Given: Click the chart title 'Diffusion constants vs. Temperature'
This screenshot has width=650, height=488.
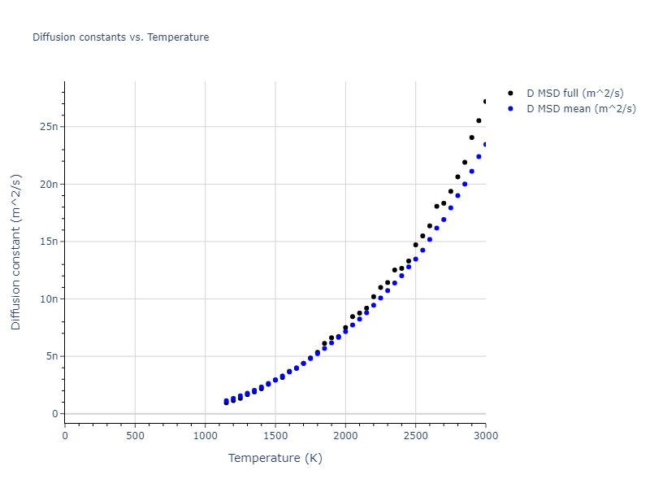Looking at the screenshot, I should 120,37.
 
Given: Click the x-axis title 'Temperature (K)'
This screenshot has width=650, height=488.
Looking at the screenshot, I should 275,458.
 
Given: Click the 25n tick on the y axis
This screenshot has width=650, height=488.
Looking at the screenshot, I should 50,127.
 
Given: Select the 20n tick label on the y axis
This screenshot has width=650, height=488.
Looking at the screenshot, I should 50,184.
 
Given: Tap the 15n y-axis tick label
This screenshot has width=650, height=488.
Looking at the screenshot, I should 50,242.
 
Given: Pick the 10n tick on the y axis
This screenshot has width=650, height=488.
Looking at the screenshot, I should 50,298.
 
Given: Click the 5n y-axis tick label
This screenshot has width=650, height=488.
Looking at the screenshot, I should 53,356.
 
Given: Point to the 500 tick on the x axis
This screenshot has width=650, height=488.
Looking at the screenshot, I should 135,434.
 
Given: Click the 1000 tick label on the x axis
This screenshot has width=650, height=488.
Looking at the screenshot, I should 205,434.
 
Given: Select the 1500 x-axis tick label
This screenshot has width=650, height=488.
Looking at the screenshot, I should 275,434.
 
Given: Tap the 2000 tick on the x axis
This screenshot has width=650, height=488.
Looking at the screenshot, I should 345,434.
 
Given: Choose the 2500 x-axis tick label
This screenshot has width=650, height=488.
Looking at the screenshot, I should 415,434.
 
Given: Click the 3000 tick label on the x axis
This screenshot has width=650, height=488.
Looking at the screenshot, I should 485,434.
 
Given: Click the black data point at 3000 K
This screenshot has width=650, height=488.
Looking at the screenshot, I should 486,102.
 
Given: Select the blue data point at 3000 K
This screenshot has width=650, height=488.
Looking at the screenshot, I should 486,145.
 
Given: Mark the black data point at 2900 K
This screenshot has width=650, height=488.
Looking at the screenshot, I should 471,137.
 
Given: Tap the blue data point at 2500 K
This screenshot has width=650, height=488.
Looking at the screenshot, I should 415,259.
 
